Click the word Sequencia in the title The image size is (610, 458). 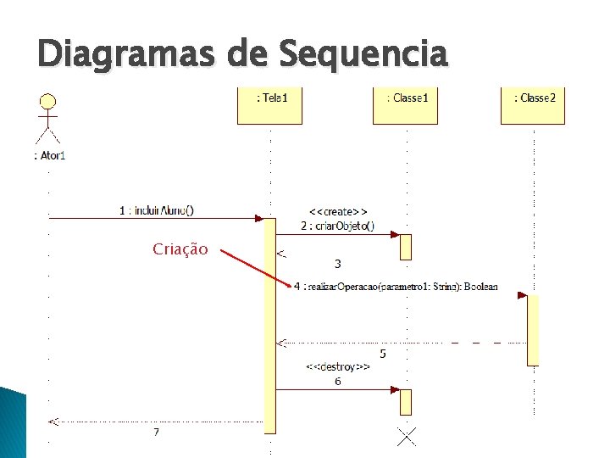coord(362,55)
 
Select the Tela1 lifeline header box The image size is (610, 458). coord(269,105)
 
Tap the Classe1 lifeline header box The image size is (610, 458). coord(406,105)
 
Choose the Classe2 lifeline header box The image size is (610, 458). coord(533,105)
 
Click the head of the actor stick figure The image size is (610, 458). coord(48,102)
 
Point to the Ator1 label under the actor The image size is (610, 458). coord(49,155)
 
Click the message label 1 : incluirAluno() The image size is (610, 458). coord(156,210)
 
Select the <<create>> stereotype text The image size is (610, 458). coord(338,211)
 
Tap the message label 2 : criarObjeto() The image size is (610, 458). coord(338,226)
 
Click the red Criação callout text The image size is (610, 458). coord(180,249)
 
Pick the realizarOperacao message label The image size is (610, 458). coord(396,288)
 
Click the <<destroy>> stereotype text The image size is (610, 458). coord(338,367)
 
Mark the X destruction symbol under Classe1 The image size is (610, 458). coord(407,437)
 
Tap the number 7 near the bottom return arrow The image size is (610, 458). coord(156,433)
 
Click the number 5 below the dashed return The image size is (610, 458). coord(383,353)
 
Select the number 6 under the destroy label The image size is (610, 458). coord(338,382)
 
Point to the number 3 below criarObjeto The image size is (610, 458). coord(338,264)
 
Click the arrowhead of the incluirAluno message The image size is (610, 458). coord(260,219)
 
